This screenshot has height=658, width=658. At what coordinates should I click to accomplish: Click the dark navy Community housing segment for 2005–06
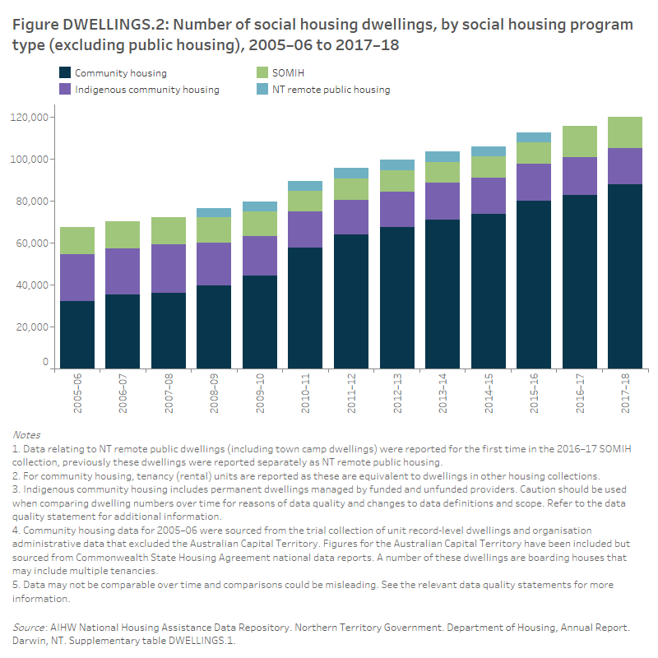77,334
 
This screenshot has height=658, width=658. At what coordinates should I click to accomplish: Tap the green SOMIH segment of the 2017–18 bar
625,132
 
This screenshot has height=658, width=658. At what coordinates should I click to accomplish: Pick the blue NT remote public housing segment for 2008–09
214,212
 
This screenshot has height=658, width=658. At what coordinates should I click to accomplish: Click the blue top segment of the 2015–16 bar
534,137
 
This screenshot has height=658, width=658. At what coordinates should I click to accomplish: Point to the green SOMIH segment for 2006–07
123,234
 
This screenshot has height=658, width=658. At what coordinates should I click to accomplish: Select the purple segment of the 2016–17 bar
579,176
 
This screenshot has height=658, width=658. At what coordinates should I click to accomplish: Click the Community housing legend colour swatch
63,73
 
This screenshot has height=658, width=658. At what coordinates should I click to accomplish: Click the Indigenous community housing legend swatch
63,89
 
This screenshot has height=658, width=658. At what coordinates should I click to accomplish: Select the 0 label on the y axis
46,362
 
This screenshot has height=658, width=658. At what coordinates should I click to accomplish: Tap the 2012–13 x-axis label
397,396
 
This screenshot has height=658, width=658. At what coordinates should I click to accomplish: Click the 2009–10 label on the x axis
260,396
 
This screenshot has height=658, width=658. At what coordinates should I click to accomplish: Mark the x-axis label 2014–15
489,396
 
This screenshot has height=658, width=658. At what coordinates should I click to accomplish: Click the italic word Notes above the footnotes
26,434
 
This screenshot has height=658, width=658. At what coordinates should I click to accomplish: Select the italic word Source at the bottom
29,627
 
